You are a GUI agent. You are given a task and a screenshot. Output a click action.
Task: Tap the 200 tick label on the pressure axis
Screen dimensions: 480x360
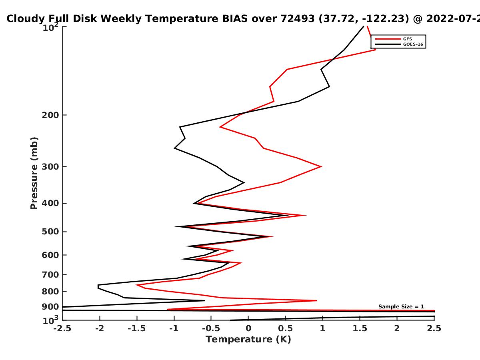tap(50, 115)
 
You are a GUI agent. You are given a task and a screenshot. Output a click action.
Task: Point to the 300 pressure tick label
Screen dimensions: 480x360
tap(50, 166)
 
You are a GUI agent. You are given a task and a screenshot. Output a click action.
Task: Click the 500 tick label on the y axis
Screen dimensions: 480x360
tap(50, 232)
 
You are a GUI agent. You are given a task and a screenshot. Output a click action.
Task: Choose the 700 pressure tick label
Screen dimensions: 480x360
tap(50, 274)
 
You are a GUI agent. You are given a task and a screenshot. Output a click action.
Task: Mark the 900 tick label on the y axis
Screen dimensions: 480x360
tap(50, 307)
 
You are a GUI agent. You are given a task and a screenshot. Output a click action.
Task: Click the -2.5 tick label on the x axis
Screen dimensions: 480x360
tap(62, 328)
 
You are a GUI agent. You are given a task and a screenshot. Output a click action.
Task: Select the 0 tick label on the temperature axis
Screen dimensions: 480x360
tap(248, 328)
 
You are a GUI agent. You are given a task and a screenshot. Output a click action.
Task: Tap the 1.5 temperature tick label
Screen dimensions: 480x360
tap(360, 328)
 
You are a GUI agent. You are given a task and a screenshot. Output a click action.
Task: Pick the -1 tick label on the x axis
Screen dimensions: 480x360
tap(174, 328)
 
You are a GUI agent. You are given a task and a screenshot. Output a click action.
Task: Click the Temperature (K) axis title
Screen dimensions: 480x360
tap(248, 340)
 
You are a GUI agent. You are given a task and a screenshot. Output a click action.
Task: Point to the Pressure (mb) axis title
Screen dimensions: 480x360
tap(34, 173)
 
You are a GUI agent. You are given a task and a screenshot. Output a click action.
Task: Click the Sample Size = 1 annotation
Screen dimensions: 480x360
tap(401, 306)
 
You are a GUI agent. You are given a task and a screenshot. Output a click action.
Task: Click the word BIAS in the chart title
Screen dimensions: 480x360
tap(235, 18)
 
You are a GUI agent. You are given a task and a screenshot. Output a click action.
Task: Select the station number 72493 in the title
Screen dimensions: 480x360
tap(298, 18)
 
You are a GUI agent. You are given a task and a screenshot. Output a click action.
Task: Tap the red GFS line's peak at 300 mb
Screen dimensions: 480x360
tap(321, 166)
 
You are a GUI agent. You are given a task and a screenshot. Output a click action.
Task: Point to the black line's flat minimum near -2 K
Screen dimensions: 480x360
tap(98, 286)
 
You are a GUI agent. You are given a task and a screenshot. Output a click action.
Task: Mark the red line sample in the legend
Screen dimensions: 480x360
tap(388, 39)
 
